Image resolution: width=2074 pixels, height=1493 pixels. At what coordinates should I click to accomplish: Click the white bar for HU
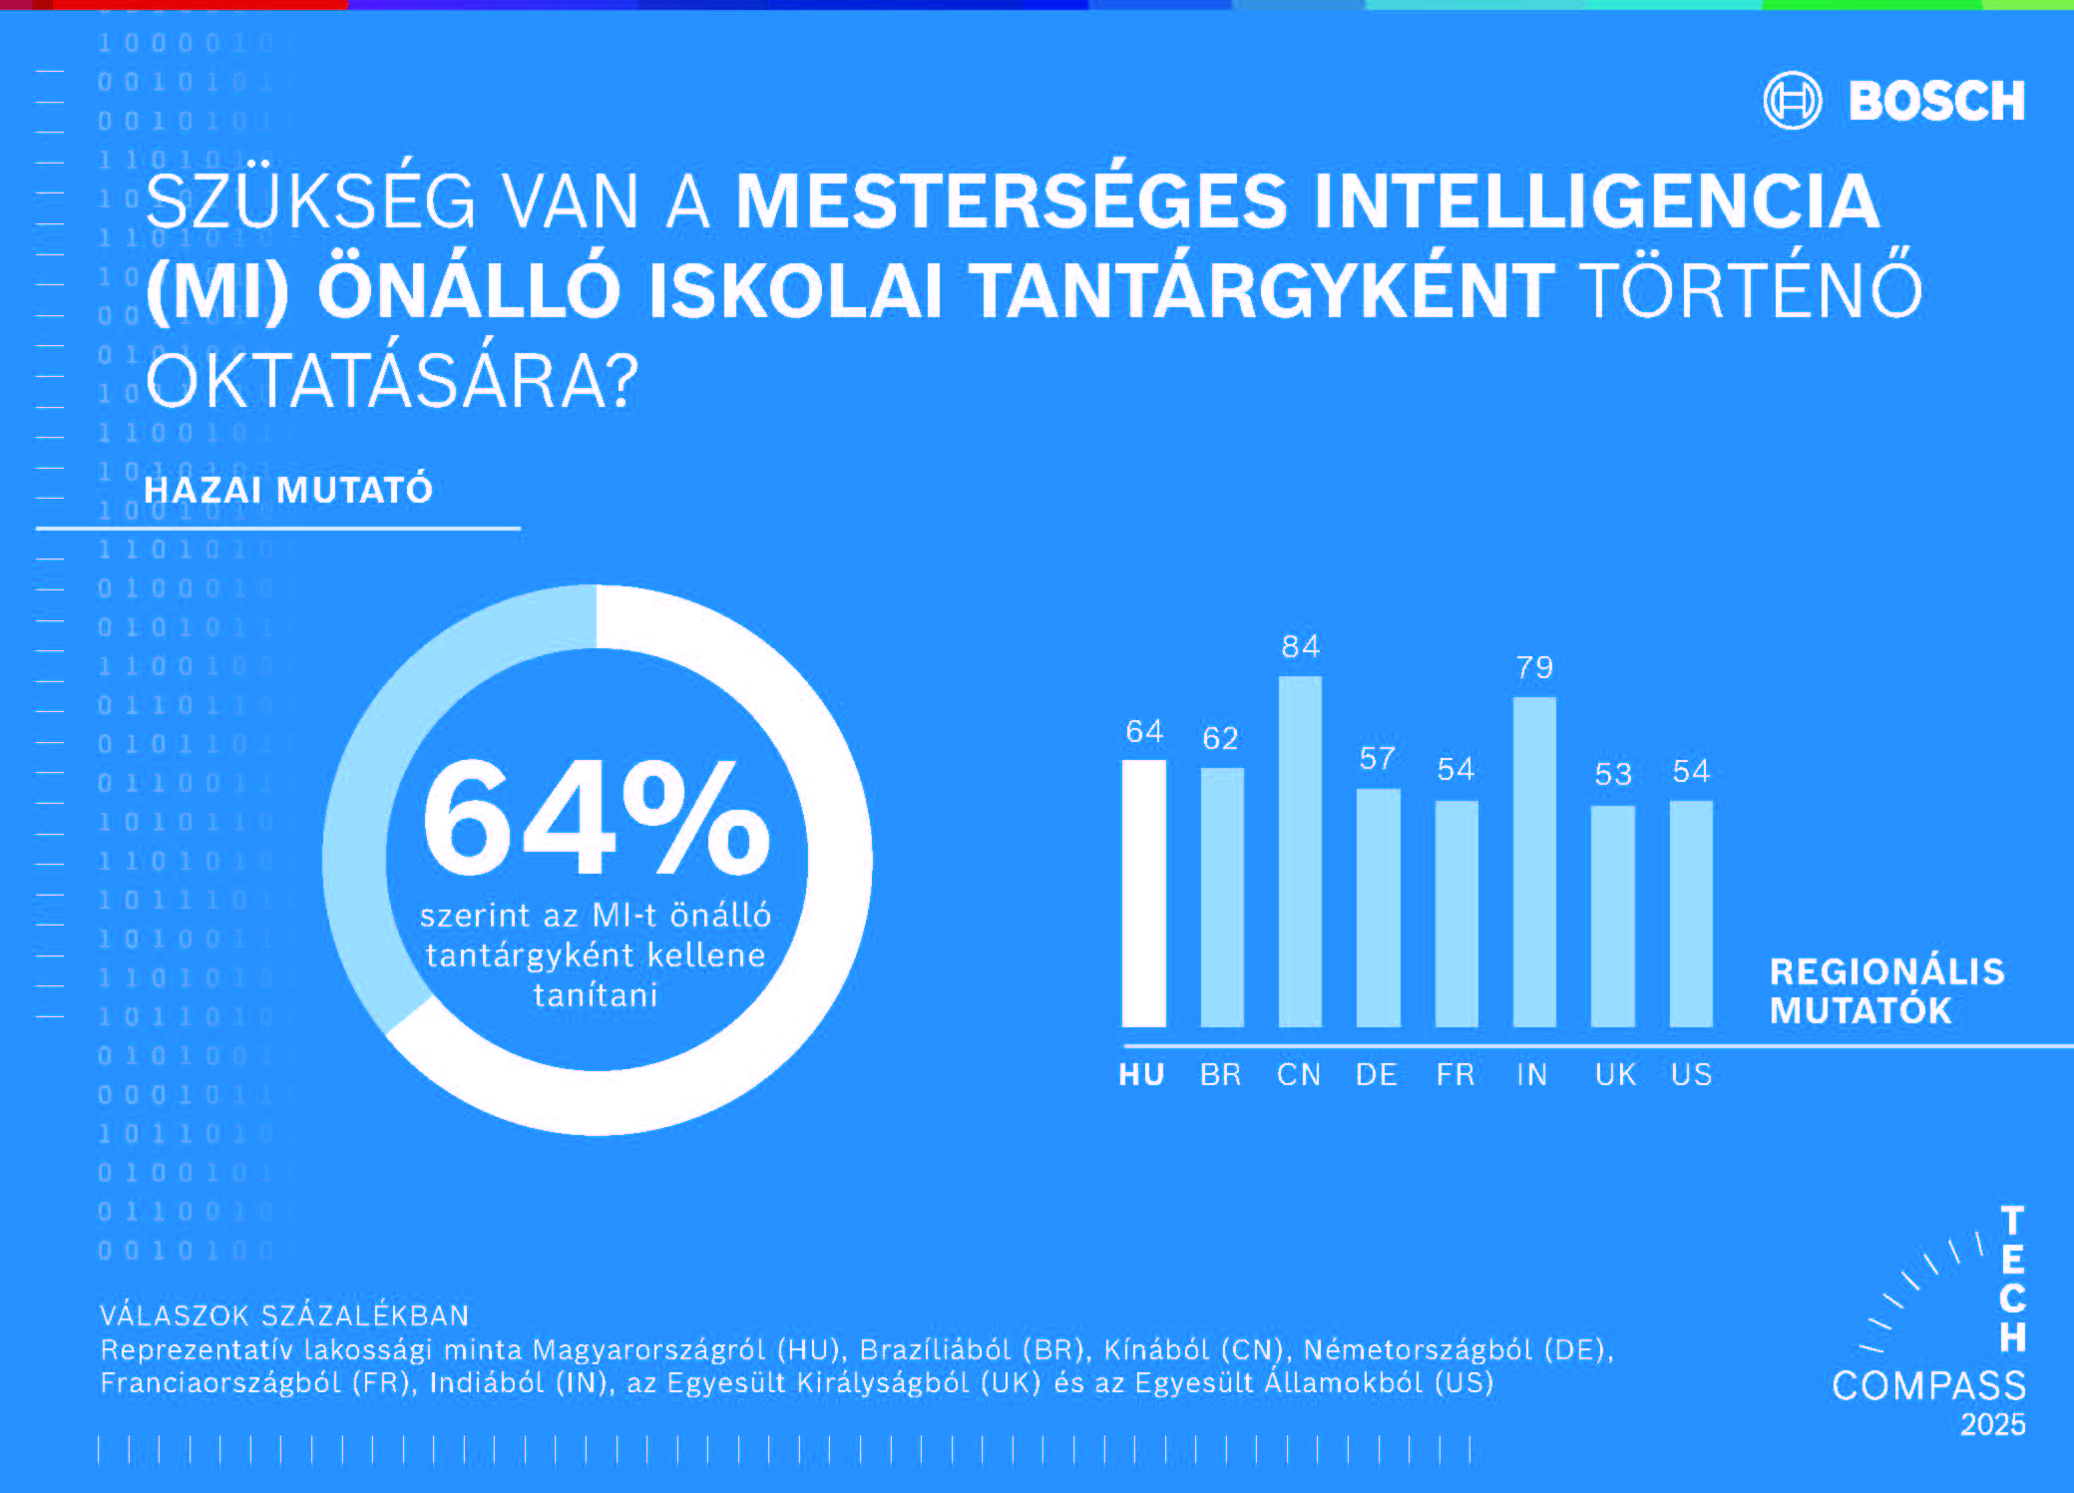1143,893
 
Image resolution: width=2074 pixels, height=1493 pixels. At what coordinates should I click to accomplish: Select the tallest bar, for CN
1300,851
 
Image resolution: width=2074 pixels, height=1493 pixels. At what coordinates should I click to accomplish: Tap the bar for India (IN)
1534,861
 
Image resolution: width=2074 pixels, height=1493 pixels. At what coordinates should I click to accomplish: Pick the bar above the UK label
1612,916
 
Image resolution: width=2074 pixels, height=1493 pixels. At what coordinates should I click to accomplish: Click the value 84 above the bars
1301,647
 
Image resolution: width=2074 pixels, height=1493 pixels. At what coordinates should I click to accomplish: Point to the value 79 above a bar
1534,667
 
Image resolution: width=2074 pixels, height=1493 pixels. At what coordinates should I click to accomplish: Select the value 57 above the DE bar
1378,759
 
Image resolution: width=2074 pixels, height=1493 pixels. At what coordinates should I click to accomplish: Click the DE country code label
1377,1074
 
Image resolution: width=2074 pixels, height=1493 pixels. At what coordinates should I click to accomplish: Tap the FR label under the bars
1455,1074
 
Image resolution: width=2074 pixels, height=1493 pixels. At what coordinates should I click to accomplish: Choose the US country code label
1691,1074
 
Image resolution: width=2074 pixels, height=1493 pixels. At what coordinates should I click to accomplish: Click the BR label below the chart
1221,1074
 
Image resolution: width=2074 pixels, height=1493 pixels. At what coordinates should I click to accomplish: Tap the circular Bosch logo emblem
1793,101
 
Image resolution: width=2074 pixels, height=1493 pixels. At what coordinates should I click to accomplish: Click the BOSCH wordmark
1936,102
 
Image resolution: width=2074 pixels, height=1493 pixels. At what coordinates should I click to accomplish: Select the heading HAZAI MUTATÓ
288,490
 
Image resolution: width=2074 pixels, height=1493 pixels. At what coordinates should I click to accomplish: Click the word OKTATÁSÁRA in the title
391,381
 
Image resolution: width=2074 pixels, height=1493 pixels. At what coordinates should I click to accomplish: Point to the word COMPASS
1928,1385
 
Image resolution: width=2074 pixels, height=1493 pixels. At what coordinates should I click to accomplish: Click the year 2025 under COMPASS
1992,1424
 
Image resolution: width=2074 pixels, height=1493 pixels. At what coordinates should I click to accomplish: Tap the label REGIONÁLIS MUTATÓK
1886,990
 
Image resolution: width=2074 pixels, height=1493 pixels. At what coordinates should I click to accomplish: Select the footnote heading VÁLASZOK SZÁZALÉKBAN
284,1315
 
